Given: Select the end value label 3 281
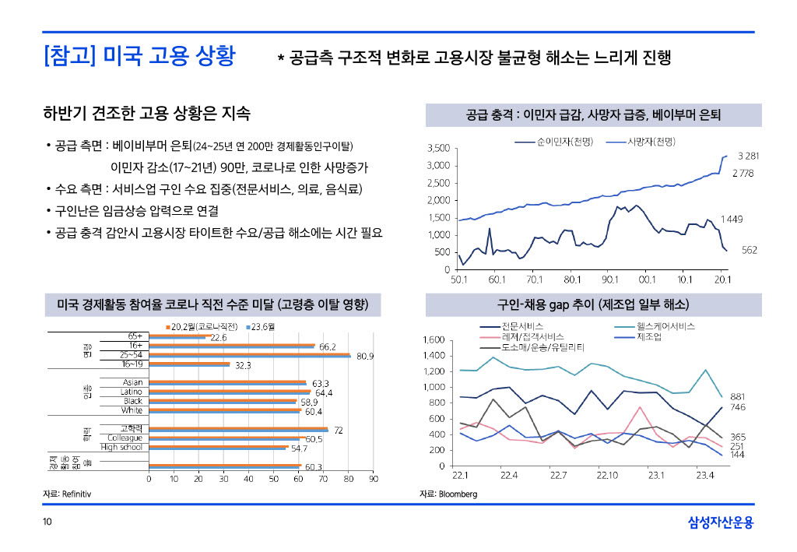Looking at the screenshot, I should (748, 156).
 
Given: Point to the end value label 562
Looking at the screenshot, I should (749, 250).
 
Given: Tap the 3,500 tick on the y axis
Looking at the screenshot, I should (439, 148).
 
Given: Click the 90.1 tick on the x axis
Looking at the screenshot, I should (609, 279).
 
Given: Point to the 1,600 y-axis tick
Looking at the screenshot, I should (433, 340).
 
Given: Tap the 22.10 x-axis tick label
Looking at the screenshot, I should (607, 475).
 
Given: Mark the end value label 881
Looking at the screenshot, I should (738, 396).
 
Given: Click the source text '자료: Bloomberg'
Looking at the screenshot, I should (448, 494).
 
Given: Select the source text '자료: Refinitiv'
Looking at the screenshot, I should (67, 494).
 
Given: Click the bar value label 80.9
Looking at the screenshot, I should (366, 357).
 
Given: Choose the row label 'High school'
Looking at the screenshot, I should (121, 447).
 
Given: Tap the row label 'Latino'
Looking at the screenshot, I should (132, 392).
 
